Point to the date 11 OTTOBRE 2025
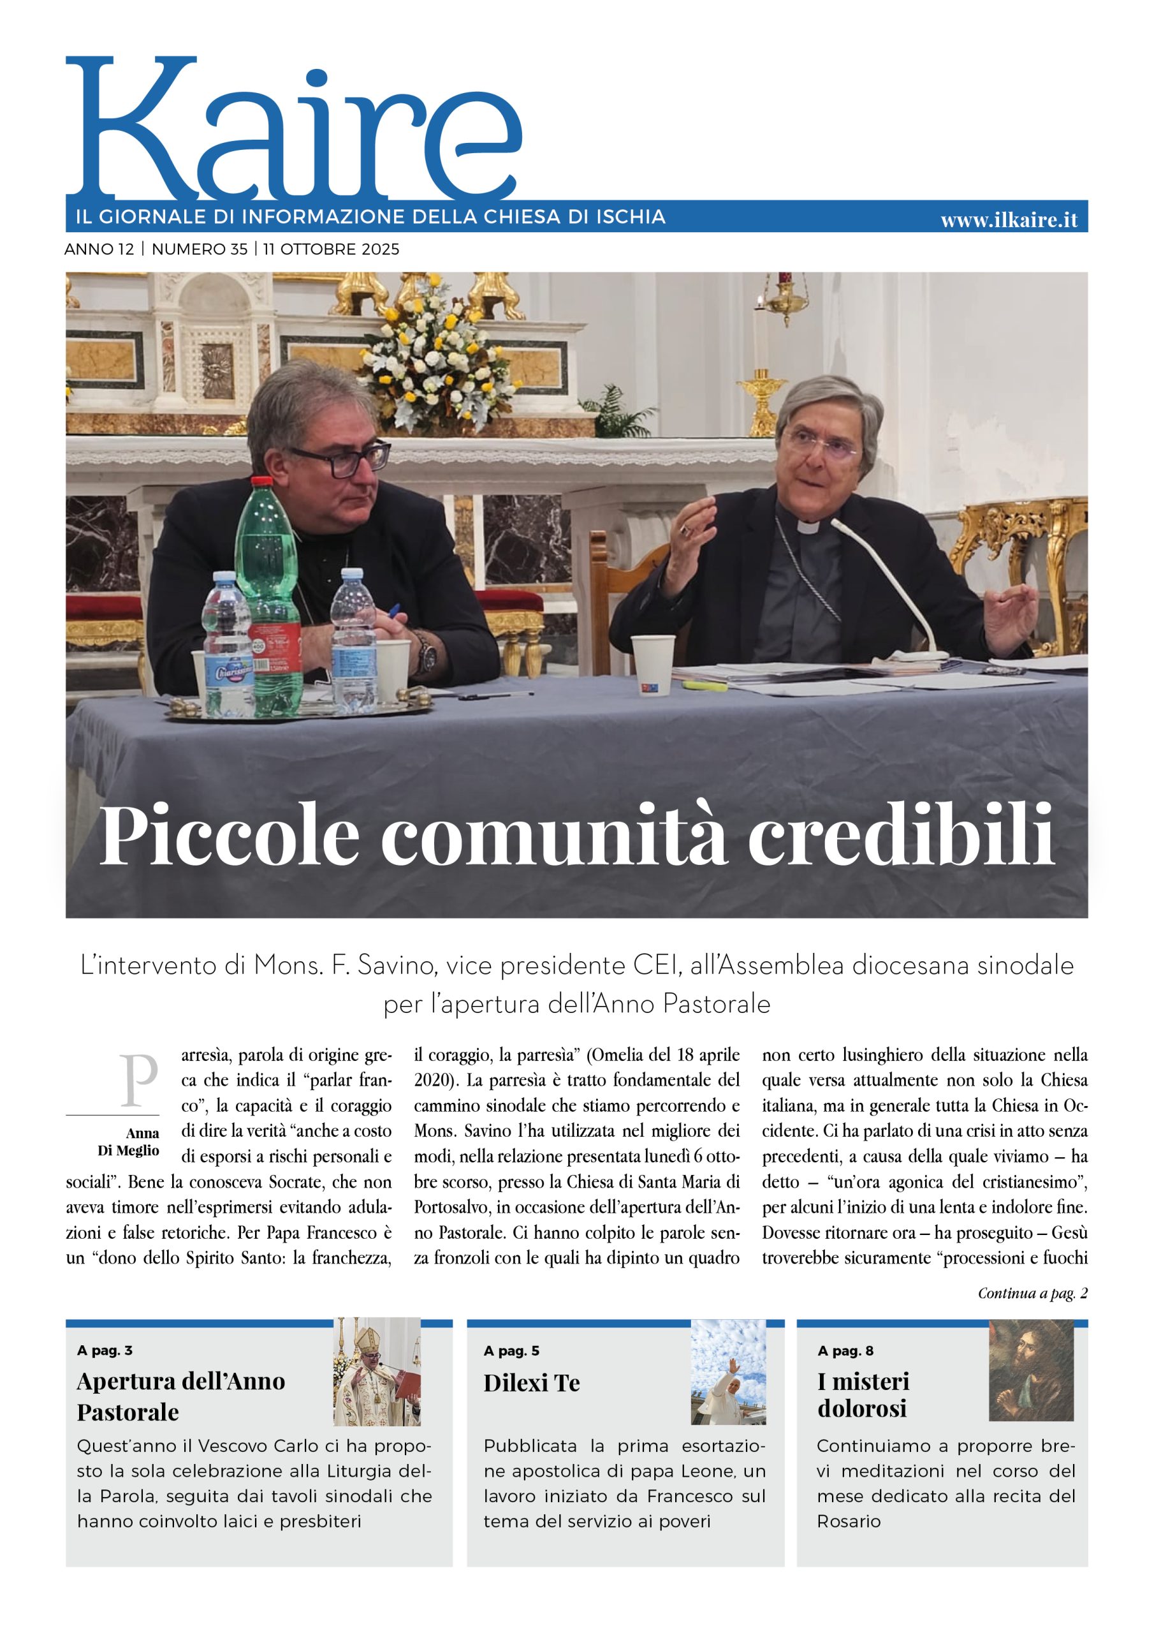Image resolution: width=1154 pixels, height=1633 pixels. pyautogui.click(x=331, y=249)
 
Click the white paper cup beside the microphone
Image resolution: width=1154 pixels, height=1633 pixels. pyautogui.click(x=652, y=664)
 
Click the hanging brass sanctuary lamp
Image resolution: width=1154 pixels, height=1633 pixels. pyautogui.click(x=784, y=299)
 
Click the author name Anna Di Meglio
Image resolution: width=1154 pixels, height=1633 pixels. pyautogui.click(x=129, y=1142)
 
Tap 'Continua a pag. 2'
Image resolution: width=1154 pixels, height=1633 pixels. pyautogui.click(x=1032, y=1293)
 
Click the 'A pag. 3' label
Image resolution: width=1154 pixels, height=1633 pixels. pyautogui.click(x=105, y=1350)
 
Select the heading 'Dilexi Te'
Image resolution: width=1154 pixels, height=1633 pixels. pyautogui.click(x=531, y=1384)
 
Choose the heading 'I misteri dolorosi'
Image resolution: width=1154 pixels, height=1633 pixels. pyautogui.click(x=863, y=1394)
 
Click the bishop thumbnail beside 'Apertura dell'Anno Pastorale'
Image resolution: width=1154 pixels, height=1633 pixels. pyautogui.click(x=377, y=1372)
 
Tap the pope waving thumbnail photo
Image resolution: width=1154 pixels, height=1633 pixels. pyautogui.click(x=728, y=1372)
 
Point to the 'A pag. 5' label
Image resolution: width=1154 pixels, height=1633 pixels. pyautogui.click(x=511, y=1350)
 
